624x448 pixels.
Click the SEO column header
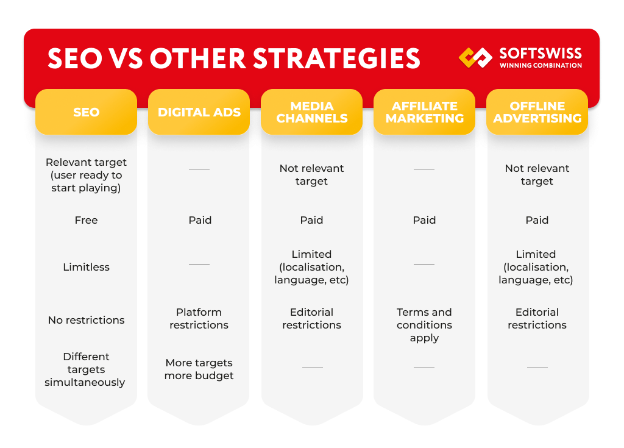pyautogui.click(x=86, y=112)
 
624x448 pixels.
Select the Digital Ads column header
pyautogui.click(x=199, y=112)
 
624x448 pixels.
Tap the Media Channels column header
pyautogui.click(x=311, y=112)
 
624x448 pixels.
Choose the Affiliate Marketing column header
pyautogui.click(x=424, y=112)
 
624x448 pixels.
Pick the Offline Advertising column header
pyautogui.click(x=537, y=112)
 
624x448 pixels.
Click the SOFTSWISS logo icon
pyautogui.click(x=476, y=57)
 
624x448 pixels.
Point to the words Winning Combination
pyautogui.click(x=540, y=66)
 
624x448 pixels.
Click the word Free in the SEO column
pyautogui.click(x=86, y=220)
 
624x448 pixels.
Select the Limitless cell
pyautogui.click(x=86, y=267)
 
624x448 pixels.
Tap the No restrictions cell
pyautogui.click(x=86, y=320)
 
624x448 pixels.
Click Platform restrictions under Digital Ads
pyautogui.click(x=199, y=319)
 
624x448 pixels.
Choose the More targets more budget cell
pyautogui.click(x=199, y=369)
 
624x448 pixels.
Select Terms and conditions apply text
pyautogui.click(x=424, y=325)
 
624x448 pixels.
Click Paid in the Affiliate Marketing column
pyautogui.click(x=424, y=220)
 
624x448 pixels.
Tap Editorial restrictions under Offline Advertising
pyautogui.click(x=537, y=319)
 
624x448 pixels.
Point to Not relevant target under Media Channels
pyautogui.click(x=311, y=175)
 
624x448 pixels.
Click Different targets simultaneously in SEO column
pyautogui.click(x=86, y=369)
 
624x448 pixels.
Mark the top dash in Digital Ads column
pyautogui.click(x=199, y=169)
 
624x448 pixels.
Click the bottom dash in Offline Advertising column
pyautogui.click(x=537, y=368)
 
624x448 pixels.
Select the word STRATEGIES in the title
pyautogui.click(x=336, y=59)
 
